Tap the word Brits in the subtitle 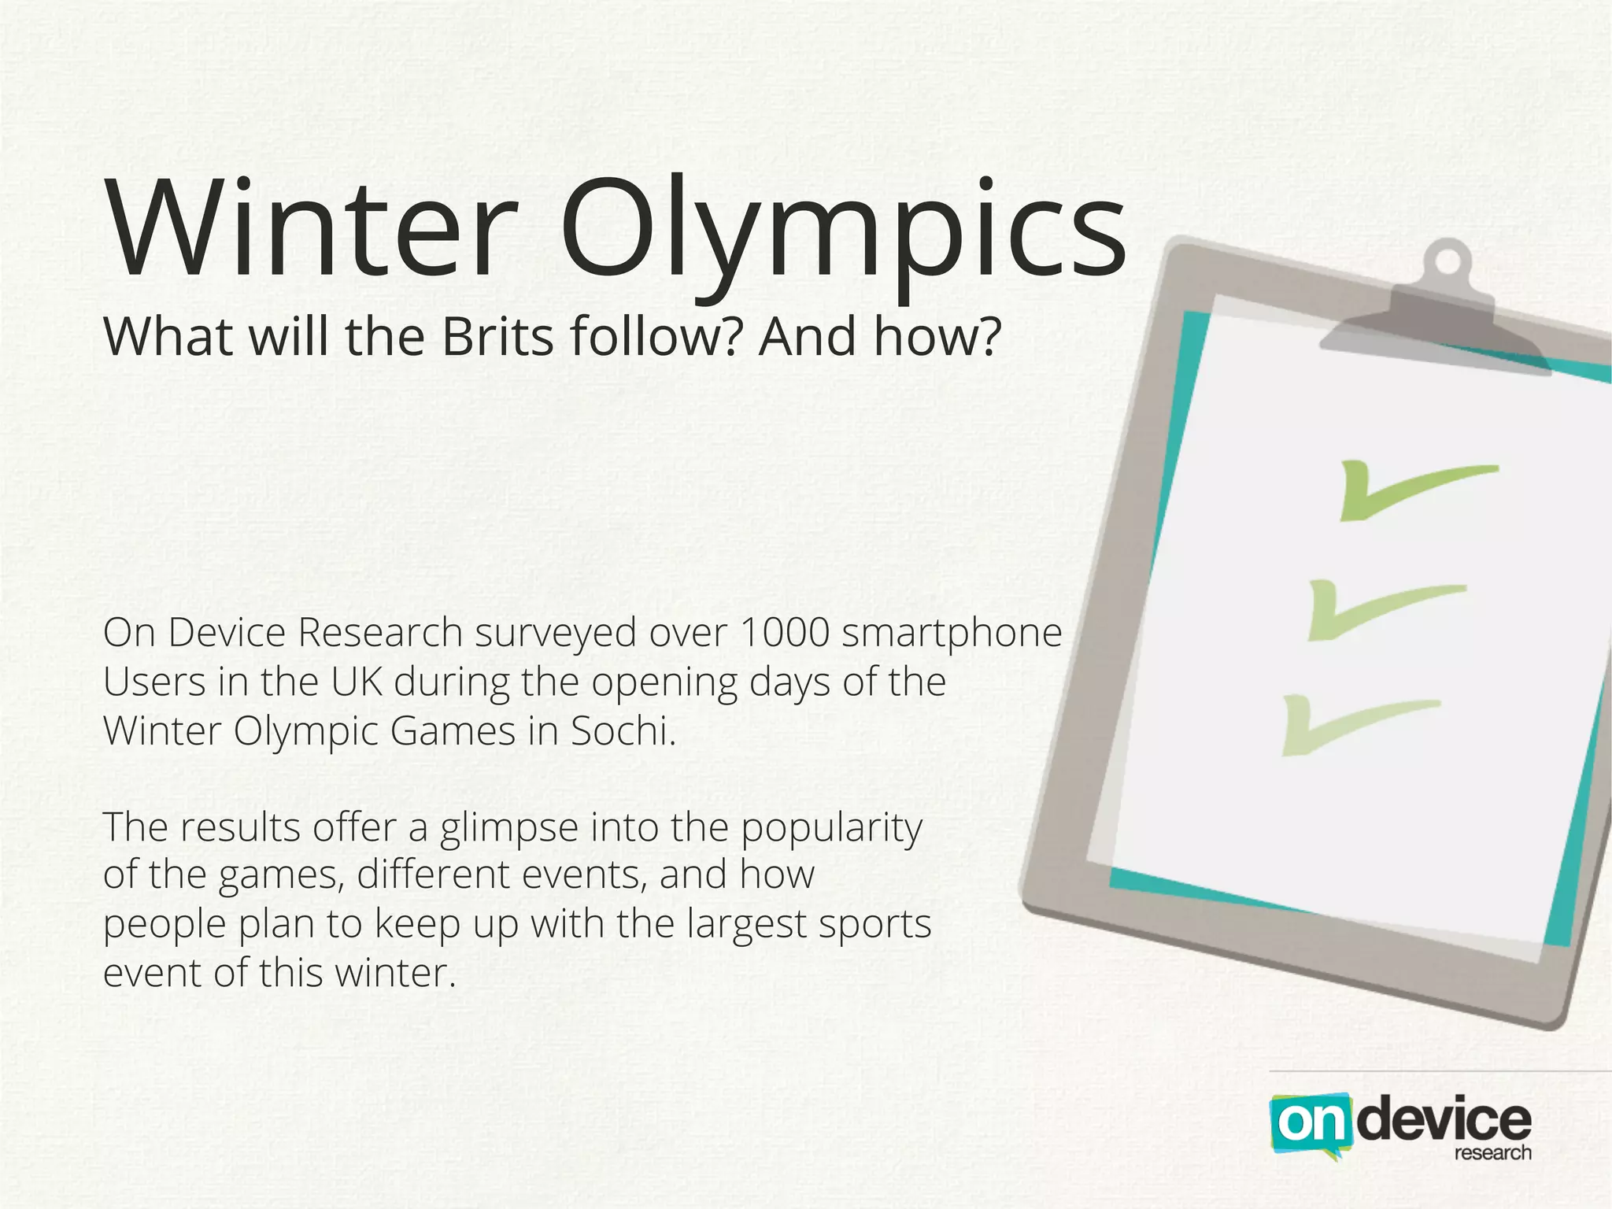click(x=497, y=337)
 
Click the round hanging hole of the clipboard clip click(x=1447, y=262)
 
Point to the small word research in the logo click(x=1492, y=1154)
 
